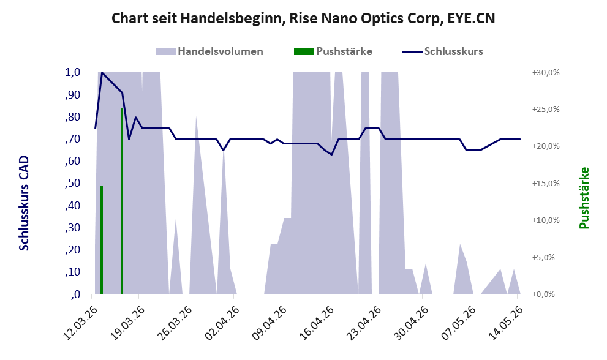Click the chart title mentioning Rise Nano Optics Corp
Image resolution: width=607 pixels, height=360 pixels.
coord(303,18)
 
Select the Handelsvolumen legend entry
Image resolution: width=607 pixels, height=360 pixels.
coord(209,51)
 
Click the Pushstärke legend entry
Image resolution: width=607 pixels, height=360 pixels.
coord(333,51)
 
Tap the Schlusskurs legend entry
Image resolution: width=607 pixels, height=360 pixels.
coord(442,51)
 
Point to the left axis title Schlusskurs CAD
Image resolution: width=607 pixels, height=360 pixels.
coord(24,203)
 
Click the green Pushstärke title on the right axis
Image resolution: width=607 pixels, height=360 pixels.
coord(584,198)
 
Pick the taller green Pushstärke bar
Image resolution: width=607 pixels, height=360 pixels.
coord(122,201)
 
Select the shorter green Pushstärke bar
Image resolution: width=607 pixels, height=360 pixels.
coord(102,240)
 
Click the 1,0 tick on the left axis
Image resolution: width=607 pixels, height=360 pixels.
coord(73,72)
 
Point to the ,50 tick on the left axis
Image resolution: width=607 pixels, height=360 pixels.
coord(73,183)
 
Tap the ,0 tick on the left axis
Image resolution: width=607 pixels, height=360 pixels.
coord(75,294)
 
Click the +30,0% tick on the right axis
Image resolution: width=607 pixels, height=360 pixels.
coord(546,72)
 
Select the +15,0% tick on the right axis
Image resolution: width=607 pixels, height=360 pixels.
coord(546,183)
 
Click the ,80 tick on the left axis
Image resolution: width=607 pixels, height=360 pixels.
coord(73,117)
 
